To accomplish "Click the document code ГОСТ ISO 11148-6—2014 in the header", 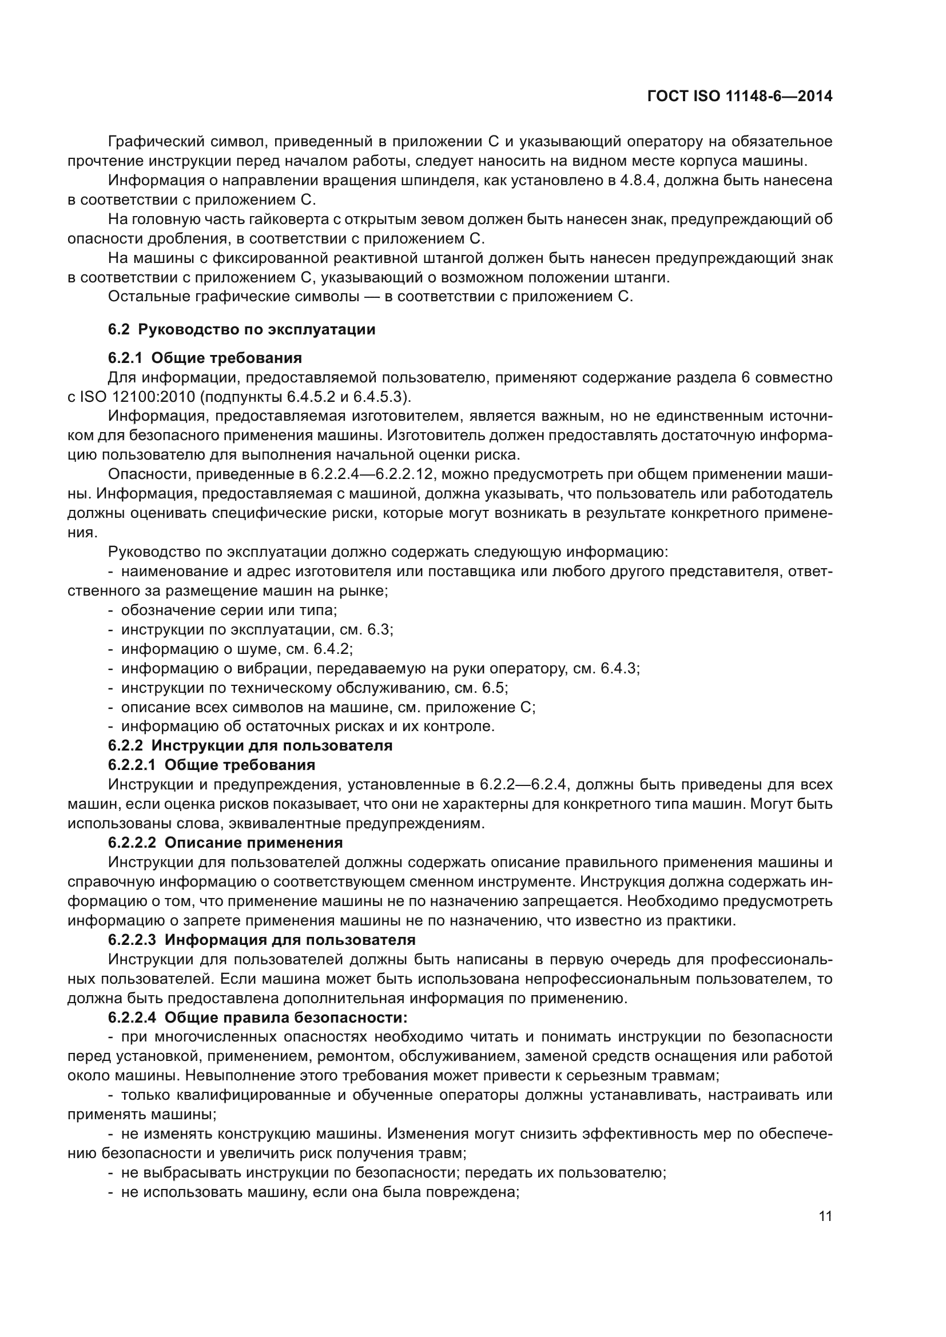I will click(739, 96).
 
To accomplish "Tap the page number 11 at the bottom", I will click(825, 1216).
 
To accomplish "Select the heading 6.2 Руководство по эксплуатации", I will click(241, 330).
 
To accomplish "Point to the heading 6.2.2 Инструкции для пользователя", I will click(250, 745).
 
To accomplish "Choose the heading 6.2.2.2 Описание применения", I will click(225, 843).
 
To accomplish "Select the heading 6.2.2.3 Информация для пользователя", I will click(261, 940).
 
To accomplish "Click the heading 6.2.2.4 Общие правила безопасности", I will click(257, 1017).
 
